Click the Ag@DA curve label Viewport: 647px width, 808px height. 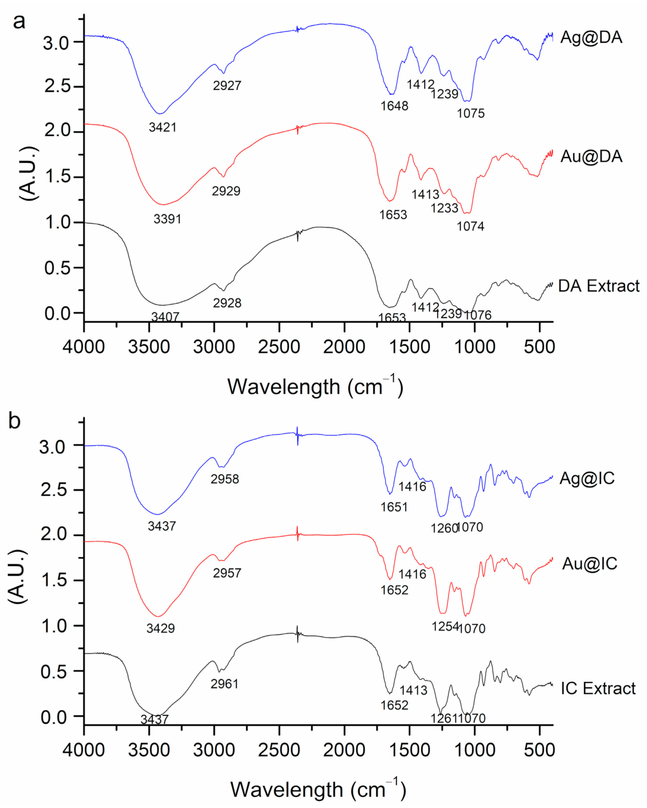[x=591, y=38]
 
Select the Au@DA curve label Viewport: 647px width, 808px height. [x=591, y=157]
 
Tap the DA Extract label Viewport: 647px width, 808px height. [x=598, y=286]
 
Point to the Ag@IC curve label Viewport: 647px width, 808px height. [x=587, y=479]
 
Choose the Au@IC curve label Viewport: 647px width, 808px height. [x=589, y=564]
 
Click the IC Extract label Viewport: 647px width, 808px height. [x=598, y=689]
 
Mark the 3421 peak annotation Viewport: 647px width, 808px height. [x=162, y=127]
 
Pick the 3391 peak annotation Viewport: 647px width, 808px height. [x=167, y=219]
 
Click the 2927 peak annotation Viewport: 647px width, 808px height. [x=227, y=85]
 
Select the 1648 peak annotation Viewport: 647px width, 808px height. [x=394, y=106]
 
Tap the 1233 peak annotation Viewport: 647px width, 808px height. [x=444, y=208]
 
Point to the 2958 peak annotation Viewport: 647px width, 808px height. [x=224, y=479]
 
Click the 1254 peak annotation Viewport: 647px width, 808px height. [x=445, y=626]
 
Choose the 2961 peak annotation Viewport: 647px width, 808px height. [x=224, y=684]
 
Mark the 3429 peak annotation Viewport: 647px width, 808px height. [x=160, y=628]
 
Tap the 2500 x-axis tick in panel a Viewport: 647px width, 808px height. [x=279, y=347]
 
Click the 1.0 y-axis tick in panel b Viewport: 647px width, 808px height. [x=53, y=626]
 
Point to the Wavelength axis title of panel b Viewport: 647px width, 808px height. [x=318, y=789]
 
